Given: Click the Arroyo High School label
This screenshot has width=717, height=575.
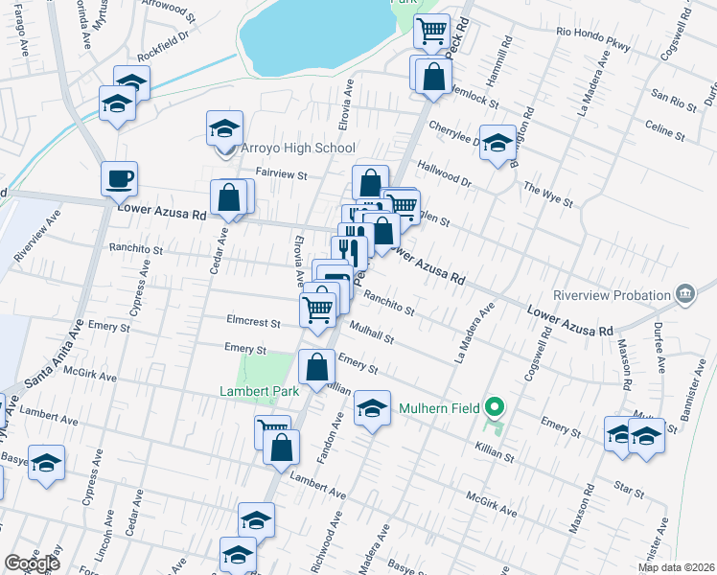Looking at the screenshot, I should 297,148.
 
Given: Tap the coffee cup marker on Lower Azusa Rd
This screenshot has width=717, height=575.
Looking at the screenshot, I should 120,178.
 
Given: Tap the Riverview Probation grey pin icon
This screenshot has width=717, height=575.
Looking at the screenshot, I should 685,293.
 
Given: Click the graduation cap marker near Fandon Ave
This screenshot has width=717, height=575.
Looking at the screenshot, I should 373,409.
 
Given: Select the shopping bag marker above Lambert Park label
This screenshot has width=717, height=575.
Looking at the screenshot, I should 316,367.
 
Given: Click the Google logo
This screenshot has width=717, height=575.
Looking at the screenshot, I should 31,563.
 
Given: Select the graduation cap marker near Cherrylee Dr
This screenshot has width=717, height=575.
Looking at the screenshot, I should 497,144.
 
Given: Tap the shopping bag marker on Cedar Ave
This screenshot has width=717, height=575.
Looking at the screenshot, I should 230,197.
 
